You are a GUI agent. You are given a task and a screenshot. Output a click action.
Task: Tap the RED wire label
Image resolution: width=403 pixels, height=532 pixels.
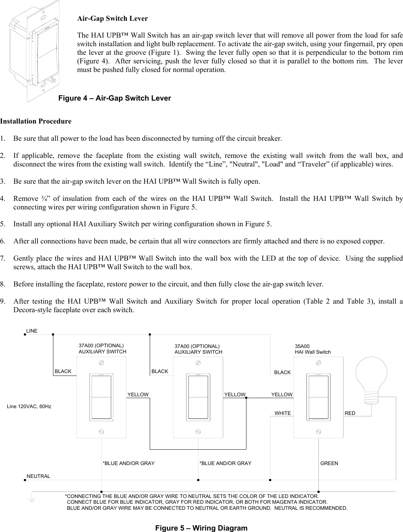(x=350, y=413)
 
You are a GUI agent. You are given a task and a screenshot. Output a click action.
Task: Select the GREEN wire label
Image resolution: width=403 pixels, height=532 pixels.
(x=329, y=463)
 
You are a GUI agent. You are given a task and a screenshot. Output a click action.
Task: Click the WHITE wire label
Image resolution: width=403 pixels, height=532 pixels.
(x=283, y=413)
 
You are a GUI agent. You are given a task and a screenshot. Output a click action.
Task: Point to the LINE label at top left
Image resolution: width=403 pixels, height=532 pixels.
(x=32, y=331)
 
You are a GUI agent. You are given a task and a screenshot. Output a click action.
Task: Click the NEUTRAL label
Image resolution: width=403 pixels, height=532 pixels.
(x=39, y=476)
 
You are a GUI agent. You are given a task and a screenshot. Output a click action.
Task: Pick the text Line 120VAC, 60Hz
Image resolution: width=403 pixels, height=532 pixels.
(x=29, y=407)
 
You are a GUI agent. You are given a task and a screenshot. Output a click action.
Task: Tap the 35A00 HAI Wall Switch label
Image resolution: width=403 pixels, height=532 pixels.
(x=313, y=349)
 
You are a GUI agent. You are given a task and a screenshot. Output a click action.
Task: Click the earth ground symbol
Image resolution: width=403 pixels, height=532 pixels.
(x=32, y=500)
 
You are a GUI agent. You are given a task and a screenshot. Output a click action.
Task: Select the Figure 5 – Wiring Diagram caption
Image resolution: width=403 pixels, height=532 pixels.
(x=201, y=528)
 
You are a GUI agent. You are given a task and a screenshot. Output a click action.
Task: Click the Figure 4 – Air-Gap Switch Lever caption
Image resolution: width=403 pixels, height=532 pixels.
(x=115, y=98)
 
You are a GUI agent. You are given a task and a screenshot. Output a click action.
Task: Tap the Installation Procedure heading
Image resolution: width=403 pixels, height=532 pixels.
(x=36, y=121)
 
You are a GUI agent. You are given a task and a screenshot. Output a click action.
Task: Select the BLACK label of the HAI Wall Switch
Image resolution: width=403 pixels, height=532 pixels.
(x=282, y=373)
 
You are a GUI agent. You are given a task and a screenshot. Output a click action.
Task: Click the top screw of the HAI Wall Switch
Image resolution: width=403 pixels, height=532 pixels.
(x=318, y=363)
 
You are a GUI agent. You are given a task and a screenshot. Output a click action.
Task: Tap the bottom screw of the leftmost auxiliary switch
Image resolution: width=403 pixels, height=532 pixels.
(x=101, y=431)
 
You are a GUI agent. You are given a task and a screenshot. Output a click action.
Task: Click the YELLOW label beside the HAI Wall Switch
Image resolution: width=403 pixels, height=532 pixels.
(x=282, y=395)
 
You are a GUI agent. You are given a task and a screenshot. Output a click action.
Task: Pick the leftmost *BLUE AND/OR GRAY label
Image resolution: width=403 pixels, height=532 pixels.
(x=129, y=463)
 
